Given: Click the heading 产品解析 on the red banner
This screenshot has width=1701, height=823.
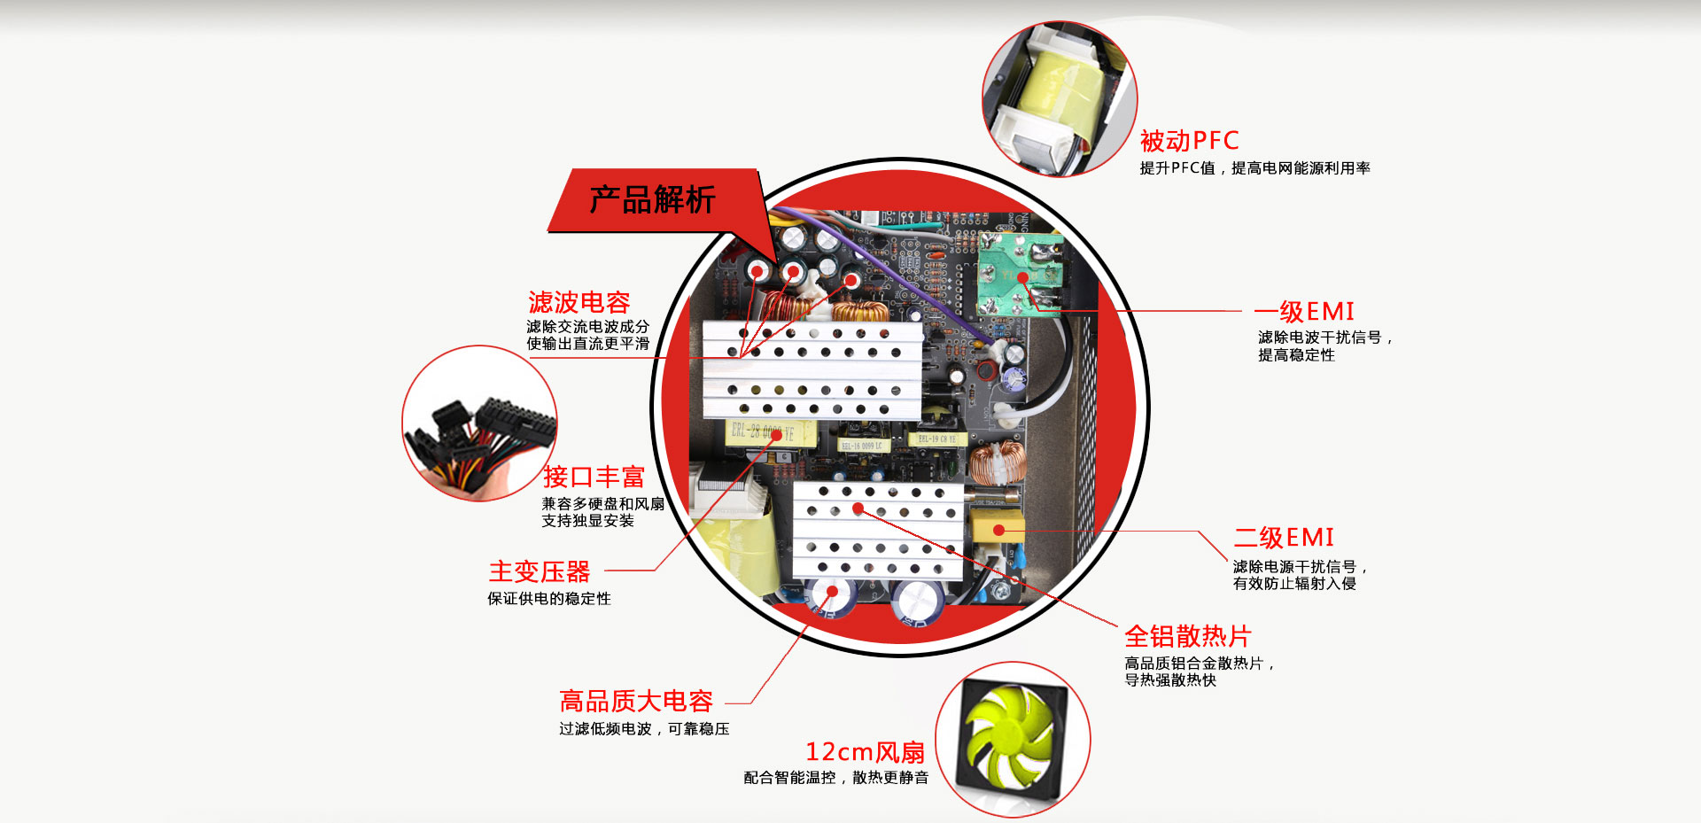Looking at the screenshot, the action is (x=652, y=199).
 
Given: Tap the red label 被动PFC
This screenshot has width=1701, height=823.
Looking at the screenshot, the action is (x=1189, y=141).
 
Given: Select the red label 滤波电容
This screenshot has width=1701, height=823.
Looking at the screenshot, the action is (x=579, y=302).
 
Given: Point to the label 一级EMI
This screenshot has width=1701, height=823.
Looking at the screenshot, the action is (x=1304, y=312).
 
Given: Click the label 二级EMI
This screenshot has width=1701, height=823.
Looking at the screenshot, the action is (x=1284, y=538).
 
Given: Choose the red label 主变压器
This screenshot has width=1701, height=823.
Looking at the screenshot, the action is (x=539, y=571).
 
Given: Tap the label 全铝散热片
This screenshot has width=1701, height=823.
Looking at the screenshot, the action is (x=1187, y=636).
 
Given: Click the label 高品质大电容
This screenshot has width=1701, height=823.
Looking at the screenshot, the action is (x=636, y=702).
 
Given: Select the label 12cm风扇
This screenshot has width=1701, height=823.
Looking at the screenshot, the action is (x=865, y=752).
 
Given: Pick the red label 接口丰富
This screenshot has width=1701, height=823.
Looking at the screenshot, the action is (x=594, y=477).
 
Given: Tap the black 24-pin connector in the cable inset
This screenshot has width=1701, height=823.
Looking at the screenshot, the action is (x=517, y=423).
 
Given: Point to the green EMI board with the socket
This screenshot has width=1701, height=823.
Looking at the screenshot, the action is (x=1019, y=275).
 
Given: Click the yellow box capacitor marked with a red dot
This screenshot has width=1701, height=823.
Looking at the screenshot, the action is (x=997, y=528).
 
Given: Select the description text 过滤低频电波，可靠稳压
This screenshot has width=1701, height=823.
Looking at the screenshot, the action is (x=644, y=729).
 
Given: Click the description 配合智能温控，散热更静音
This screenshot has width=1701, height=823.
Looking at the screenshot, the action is (x=836, y=778).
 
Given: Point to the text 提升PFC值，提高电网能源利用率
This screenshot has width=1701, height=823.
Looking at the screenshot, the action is (x=1254, y=168).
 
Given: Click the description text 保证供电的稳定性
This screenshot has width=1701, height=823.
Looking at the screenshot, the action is (x=549, y=599).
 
